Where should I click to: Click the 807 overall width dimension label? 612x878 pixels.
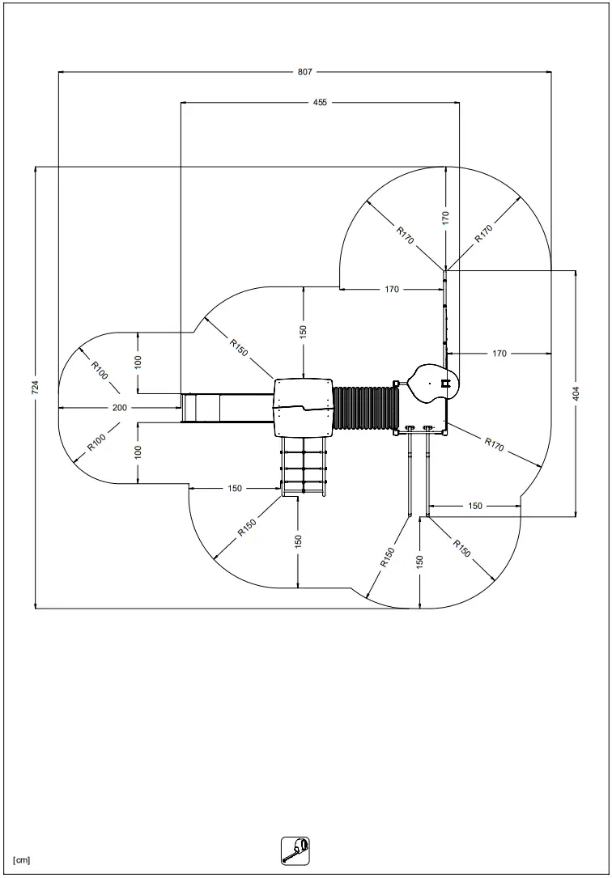304,72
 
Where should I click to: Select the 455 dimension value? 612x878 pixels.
321,103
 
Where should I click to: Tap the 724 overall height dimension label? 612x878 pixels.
35,388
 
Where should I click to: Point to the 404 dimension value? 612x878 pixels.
576,393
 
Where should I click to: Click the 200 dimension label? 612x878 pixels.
120,408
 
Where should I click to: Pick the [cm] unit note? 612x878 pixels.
22,859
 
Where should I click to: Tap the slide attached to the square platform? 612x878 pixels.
227,407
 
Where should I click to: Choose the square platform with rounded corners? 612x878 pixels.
304,407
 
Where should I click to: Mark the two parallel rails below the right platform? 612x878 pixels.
419,473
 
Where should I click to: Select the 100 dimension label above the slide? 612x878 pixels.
138,363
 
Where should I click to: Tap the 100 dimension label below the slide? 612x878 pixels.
138,452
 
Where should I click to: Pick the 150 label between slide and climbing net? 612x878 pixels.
235,488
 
